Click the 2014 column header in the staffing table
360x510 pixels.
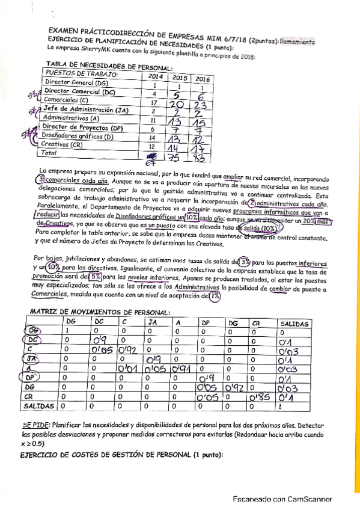pos(154,77)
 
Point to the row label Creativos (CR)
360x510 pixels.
pos(63,145)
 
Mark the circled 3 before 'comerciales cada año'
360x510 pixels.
pos(40,179)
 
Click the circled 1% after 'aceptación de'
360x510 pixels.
pos(215,295)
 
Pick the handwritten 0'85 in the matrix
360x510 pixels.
pos(260,396)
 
